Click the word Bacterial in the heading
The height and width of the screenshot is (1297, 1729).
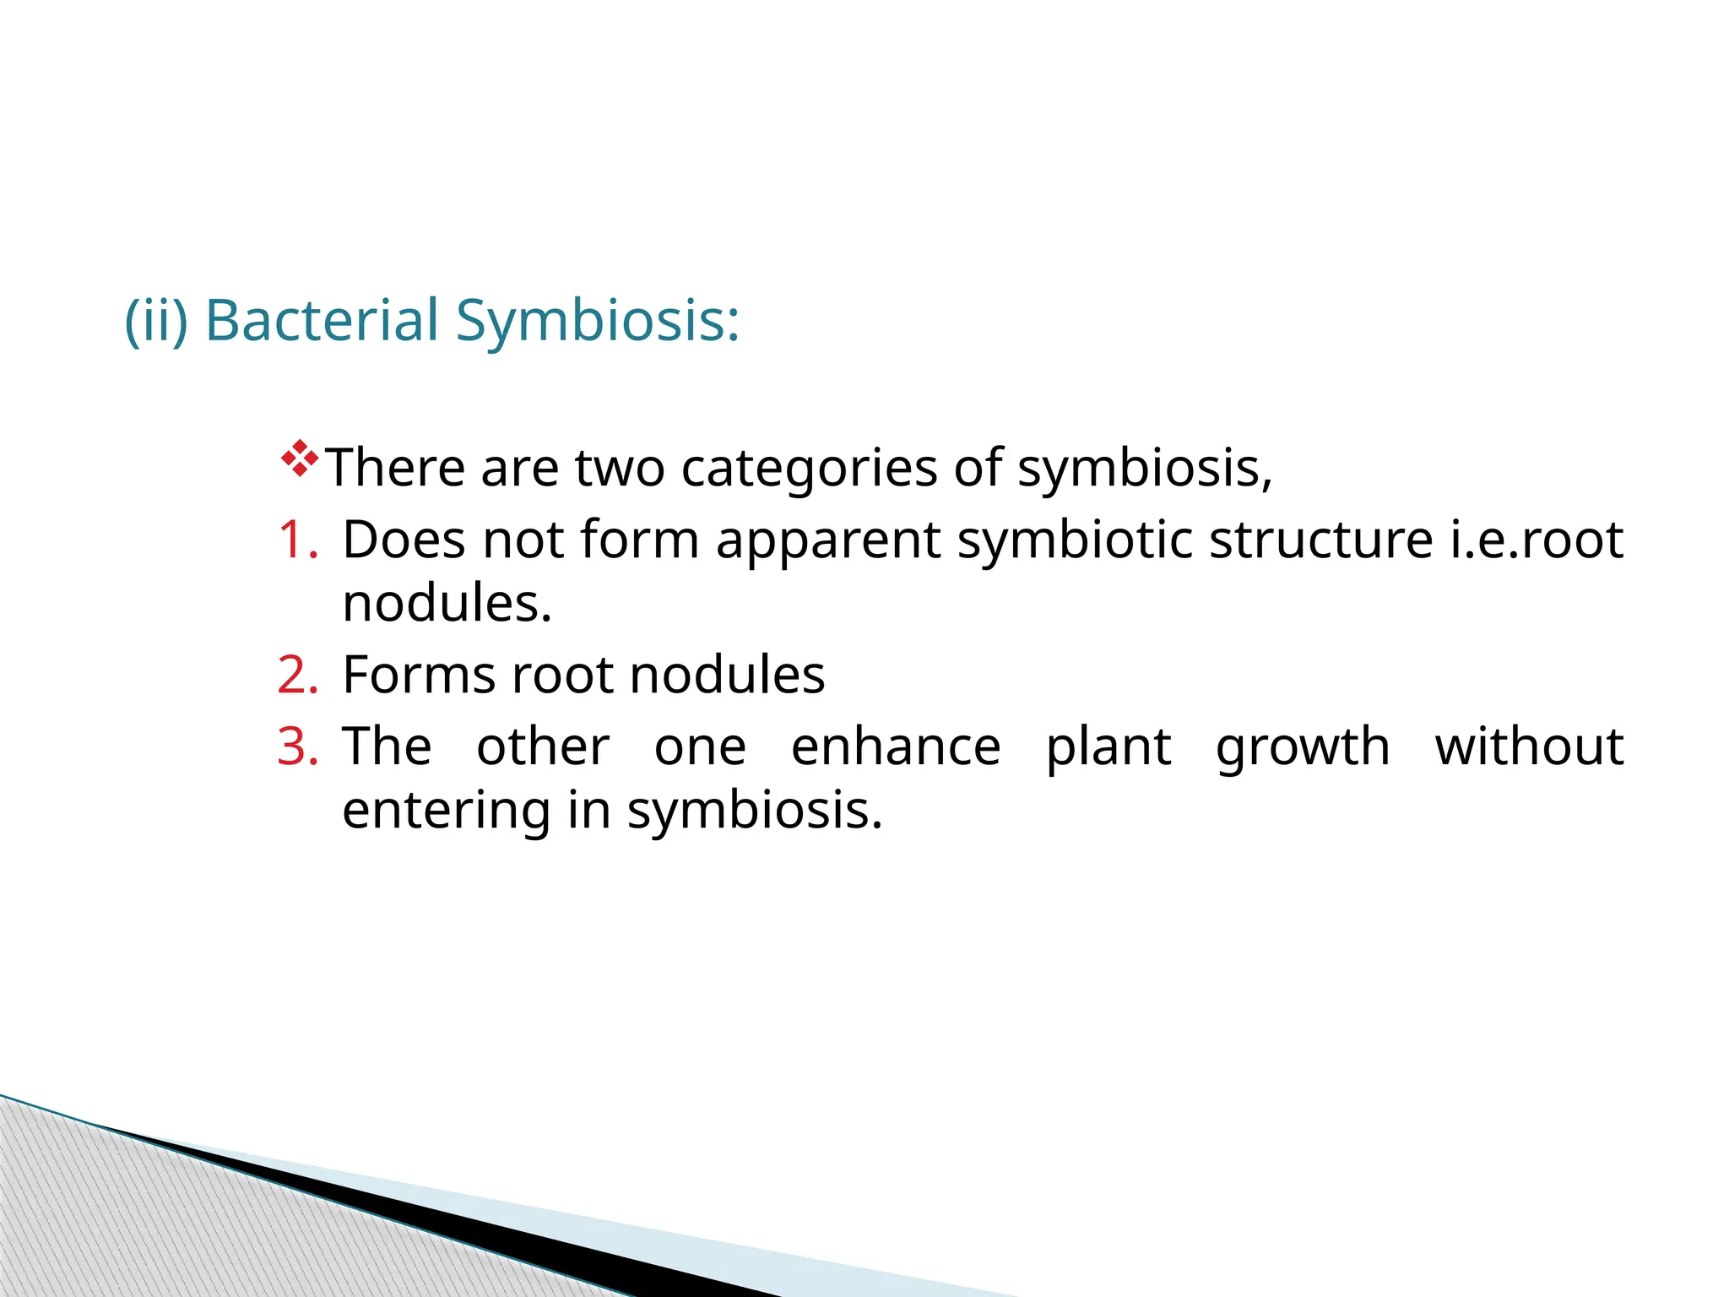pyautogui.click(x=322, y=321)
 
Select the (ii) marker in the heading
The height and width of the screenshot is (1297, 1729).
pyautogui.click(x=156, y=322)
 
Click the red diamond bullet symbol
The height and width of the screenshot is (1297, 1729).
pyautogui.click(x=299, y=459)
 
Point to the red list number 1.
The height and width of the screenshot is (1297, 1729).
pyautogui.click(x=297, y=540)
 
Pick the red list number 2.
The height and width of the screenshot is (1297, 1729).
pyautogui.click(x=297, y=676)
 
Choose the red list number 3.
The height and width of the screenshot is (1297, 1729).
pyautogui.click(x=297, y=747)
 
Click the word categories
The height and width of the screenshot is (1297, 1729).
pyautogui.click(x=809, y=469)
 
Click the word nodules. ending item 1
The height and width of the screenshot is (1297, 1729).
pyautogui.click(x=447, y=604)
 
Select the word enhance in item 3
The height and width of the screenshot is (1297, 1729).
pyautogui.click(x=896, y=747)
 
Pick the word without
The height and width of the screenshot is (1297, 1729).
pyautogui.click(x=1529, y=747)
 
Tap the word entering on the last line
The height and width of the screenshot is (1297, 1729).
pyautogui.click(x=446, y=812)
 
